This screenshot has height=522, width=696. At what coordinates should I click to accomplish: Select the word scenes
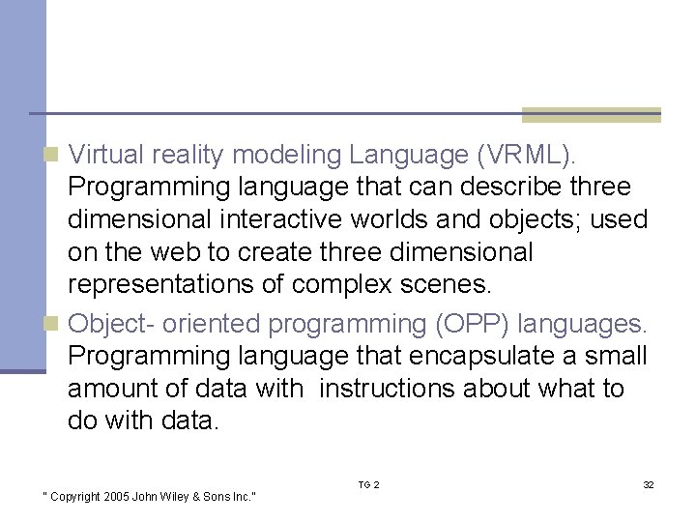point(451,285)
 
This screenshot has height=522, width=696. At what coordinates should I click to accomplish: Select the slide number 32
point(648,484)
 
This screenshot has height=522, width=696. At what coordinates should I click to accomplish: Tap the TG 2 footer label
point(368,484)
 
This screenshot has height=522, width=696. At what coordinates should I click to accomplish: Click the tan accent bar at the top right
point(591,115)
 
